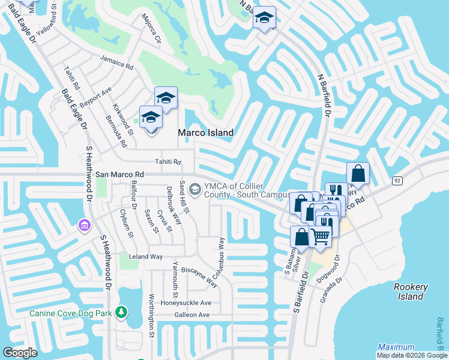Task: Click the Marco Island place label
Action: point(205,133)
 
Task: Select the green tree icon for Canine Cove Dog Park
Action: point(122,313)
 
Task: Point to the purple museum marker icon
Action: point(83,225)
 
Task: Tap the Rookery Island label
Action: point(411,292)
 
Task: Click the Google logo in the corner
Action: point(20,352)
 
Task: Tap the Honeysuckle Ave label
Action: point(185,303)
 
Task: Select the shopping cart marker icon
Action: point(321,236)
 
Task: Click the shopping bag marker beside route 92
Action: point(358,174)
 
